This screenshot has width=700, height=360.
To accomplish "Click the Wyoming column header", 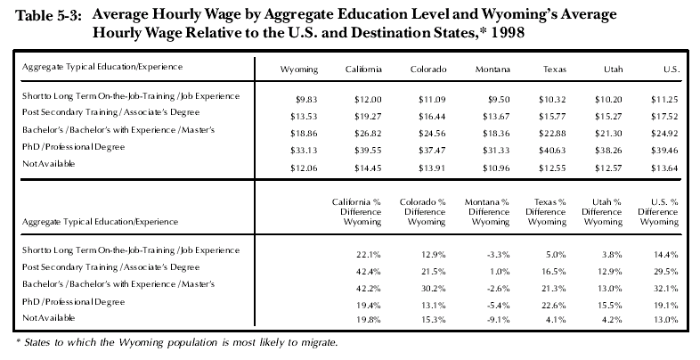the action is point(299,70).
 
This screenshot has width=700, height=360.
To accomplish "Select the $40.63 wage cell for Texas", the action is point(552,151).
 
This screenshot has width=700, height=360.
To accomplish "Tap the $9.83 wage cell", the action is point(306,100).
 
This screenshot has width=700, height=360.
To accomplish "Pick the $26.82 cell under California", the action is point(368,134).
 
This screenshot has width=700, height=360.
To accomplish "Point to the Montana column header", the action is point(492,70).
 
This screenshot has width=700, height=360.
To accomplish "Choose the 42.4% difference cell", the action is point(369,272).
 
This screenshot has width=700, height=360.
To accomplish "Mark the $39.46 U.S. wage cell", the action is point(664,151).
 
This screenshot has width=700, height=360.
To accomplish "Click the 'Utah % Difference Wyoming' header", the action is point(601,212).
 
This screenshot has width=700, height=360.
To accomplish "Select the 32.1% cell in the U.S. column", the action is point(666,289).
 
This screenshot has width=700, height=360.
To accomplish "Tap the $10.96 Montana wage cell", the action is point(495,168).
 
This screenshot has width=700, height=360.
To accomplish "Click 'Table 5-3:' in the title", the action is point(49,17).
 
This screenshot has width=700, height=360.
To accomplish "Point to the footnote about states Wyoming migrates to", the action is point(177,343).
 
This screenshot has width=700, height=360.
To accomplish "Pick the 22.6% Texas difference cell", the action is point(554,306).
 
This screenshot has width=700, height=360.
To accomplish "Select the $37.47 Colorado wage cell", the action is point(432,151).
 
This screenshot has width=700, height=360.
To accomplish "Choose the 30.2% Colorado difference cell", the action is point(433,289).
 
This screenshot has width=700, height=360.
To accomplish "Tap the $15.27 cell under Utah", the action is point(608,117).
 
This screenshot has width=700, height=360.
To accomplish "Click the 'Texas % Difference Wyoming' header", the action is point(546,212).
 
